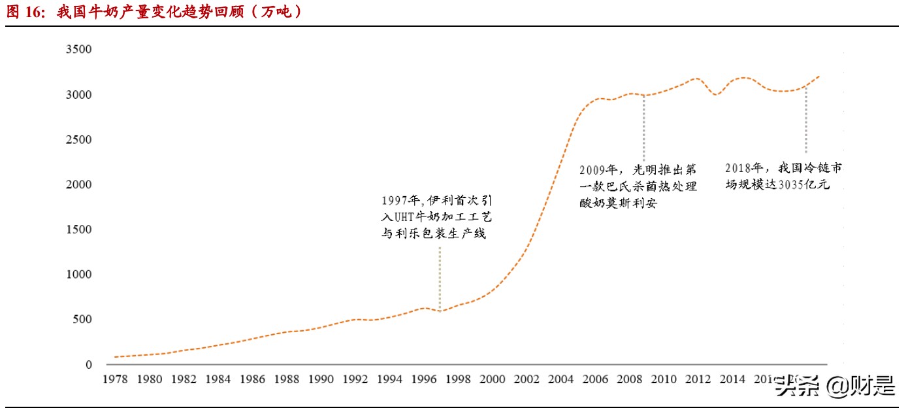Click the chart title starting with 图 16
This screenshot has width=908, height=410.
point(155,12)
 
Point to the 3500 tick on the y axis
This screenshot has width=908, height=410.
point(78,50)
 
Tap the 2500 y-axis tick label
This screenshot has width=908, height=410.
point(78,140)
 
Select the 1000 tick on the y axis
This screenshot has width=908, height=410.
point(78,275)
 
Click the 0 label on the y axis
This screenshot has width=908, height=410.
point(89,365)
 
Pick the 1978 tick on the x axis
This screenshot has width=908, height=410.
point(115,379)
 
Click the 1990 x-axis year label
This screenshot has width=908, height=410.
point(320,379)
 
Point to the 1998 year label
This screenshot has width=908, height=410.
point(457,379)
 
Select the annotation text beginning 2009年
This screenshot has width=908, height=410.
point(638,186)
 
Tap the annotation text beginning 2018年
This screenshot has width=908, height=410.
point(783,176)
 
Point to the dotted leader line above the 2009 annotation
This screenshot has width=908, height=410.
point(643,128)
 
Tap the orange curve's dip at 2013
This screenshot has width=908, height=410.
point(717,95)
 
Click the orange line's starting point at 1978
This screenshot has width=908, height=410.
point(115,357)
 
